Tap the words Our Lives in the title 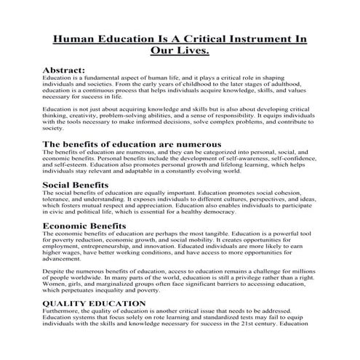179,52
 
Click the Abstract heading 65,70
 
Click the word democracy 269,213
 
